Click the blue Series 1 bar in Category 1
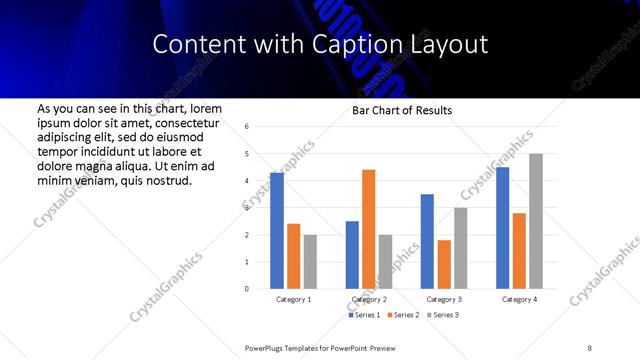coord(277,231)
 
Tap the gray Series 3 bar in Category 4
coord(536,221)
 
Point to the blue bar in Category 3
coord(427,241)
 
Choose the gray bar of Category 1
coord(310,262)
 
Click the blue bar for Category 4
coord(502,228)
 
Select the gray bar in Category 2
coord(385,262)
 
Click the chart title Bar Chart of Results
coord(402,110)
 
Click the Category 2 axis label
coord(368,299)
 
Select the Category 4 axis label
coord(519,299)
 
